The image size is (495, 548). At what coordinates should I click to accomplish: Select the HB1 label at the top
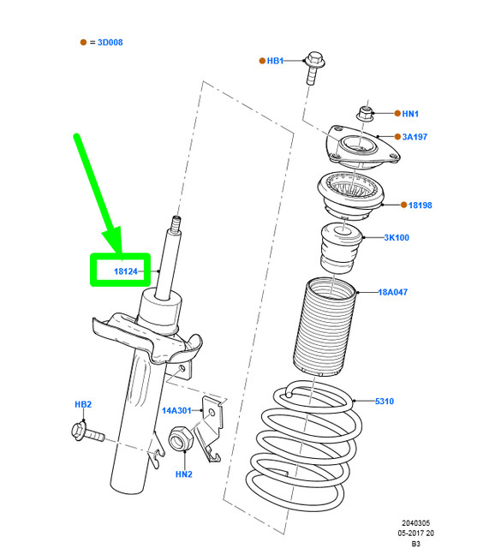click(x=274, y=61)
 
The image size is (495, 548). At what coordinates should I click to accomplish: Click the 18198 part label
click(x=420, y=205)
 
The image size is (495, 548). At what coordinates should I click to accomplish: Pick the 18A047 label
click(x=394, y=292)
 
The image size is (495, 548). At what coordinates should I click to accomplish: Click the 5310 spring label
click(x=384, y=401)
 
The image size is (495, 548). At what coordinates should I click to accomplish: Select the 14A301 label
click(x=177, y=411)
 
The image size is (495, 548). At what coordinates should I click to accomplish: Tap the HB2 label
click(x=82, y=404)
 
